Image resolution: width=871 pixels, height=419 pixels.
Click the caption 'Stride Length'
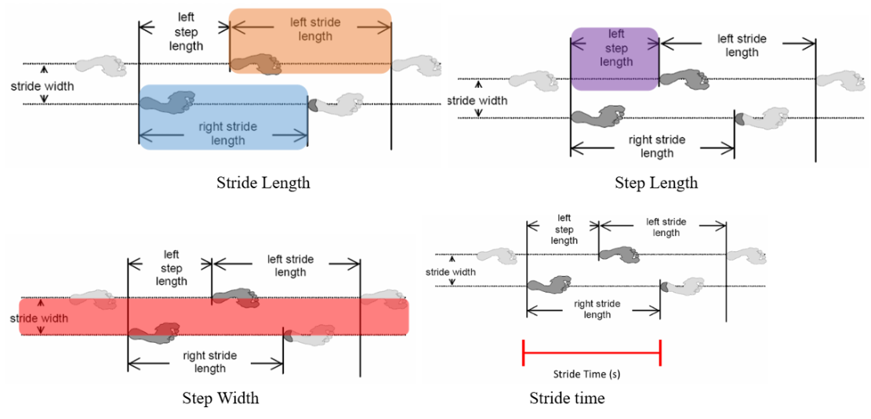263,183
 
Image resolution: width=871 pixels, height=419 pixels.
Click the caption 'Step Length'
655,183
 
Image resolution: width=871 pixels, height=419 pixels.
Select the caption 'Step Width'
220,398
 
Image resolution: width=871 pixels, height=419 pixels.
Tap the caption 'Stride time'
567,399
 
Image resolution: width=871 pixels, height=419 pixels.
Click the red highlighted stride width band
213,317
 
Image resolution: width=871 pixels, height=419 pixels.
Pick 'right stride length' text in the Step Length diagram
656,147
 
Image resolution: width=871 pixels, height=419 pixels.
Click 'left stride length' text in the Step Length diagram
742,46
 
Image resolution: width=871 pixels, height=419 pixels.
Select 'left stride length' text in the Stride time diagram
666,228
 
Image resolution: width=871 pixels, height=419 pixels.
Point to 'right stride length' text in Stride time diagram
597,309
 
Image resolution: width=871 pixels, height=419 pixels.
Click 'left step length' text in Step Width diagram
172,268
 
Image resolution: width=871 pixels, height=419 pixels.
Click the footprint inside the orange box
257,64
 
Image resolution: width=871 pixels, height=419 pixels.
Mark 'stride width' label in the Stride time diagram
450,272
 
